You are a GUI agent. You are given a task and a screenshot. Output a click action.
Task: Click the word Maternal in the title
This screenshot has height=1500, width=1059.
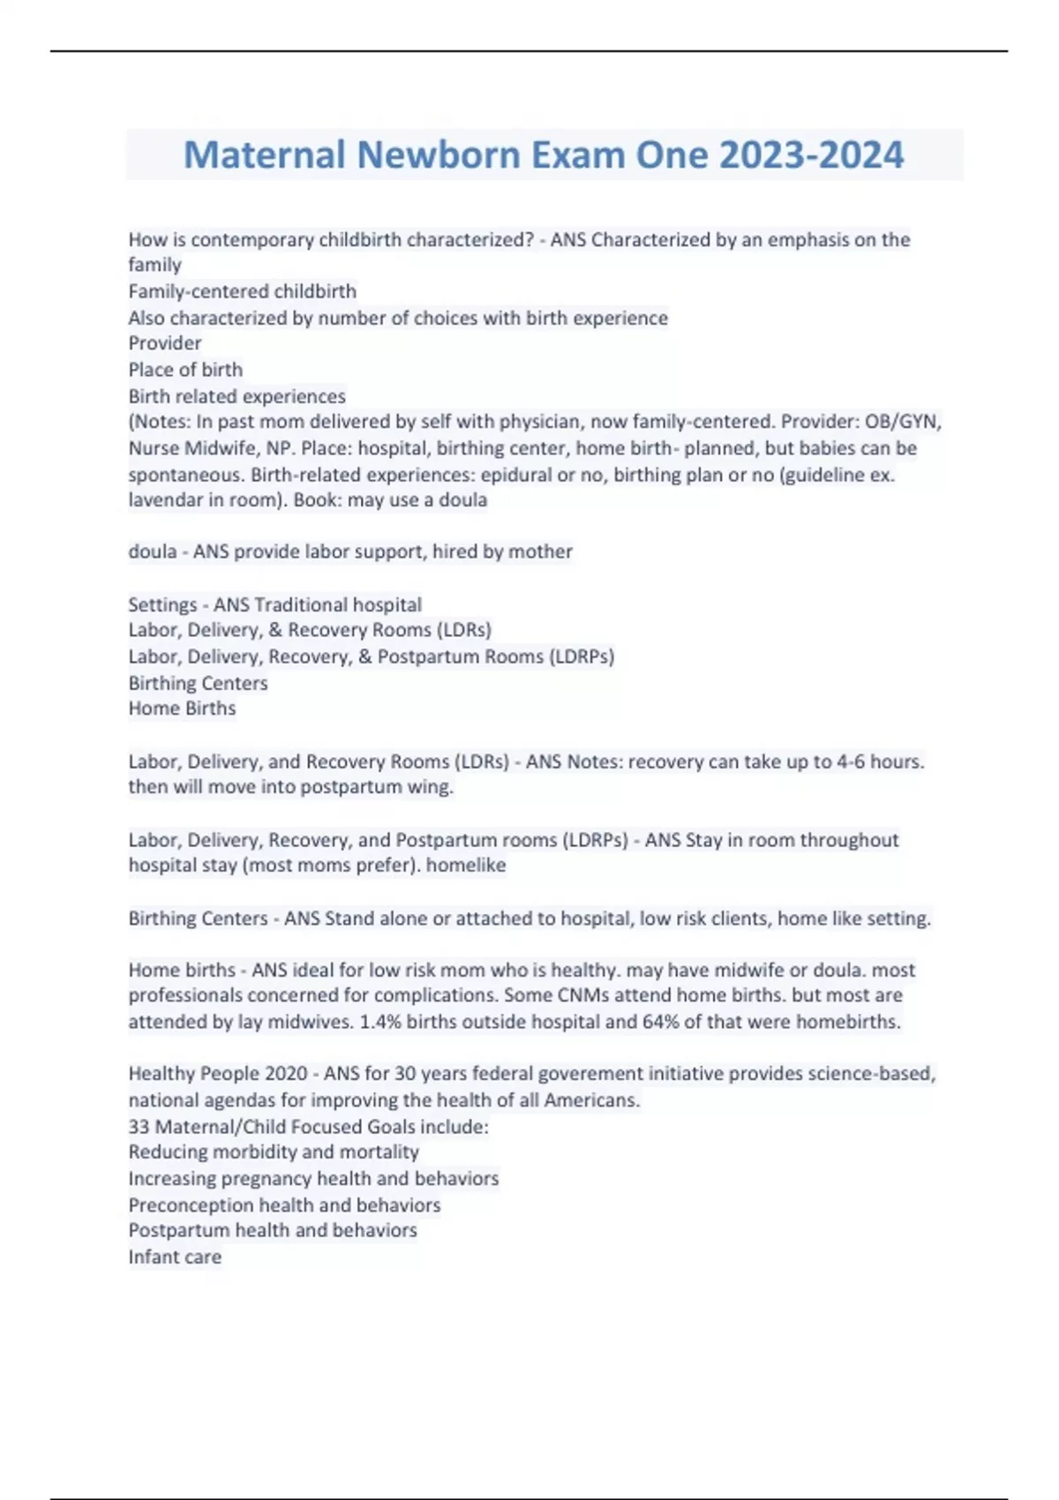click(264, 154)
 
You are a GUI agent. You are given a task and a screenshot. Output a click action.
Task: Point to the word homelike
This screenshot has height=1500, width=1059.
click(465, 865)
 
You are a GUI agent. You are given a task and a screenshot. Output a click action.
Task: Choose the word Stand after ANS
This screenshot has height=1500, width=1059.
click(349, 919)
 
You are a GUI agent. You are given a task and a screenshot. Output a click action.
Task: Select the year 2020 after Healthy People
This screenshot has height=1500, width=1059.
click(286, 1074)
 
